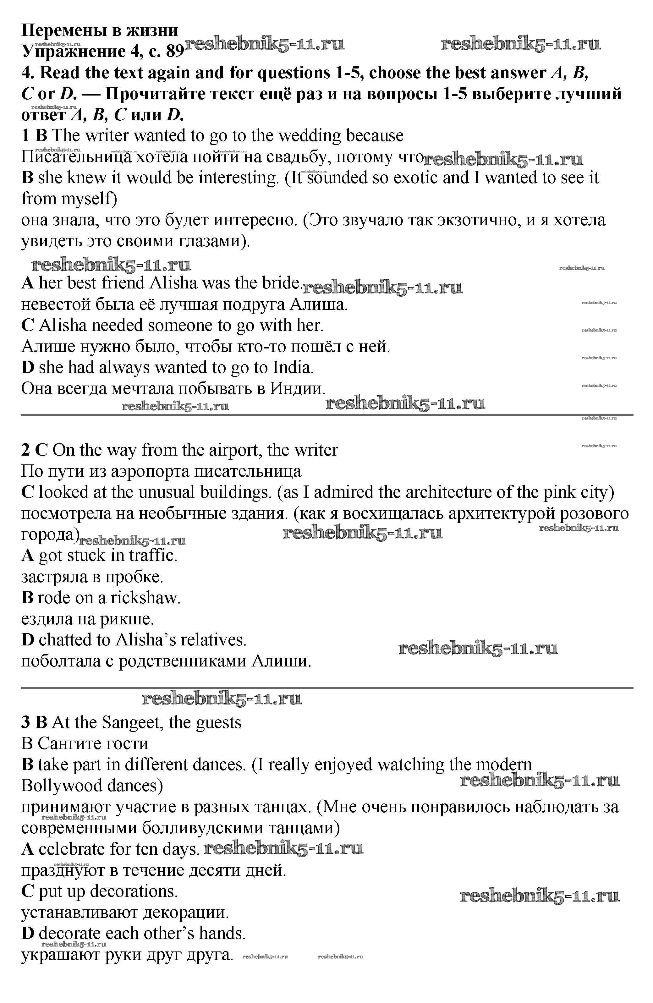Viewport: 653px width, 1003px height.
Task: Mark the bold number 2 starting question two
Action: [x=26, y=450]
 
